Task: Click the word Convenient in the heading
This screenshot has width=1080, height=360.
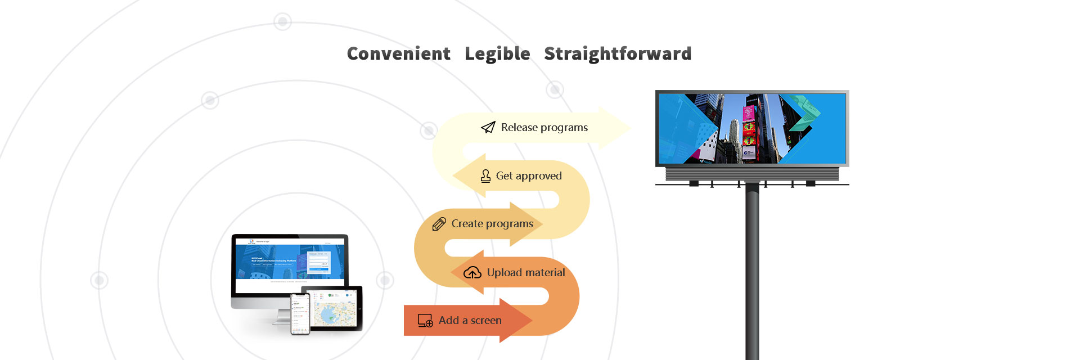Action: (398, 54)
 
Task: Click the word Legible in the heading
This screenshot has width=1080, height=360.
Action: (497, 54)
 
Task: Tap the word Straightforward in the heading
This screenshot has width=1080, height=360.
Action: (617, 54)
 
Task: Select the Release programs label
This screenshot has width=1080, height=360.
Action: (544, 128)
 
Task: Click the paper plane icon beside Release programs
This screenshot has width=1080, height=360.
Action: (488, 128)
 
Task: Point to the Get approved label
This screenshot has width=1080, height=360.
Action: (528, 176)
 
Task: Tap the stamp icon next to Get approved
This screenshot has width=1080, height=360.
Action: (485, 176)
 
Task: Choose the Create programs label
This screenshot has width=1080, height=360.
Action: (492, 224)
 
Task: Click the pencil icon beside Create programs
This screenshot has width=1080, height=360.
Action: (439, 224)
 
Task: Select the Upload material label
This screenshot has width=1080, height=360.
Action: (525, 273)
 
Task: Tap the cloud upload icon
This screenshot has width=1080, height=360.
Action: (472, 273)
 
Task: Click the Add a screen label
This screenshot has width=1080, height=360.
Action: (470, 321)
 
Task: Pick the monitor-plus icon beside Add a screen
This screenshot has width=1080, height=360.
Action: (425, 321)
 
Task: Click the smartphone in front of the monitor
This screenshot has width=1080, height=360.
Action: (300, 314)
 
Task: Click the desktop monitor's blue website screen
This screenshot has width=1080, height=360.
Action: (290, 262)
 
